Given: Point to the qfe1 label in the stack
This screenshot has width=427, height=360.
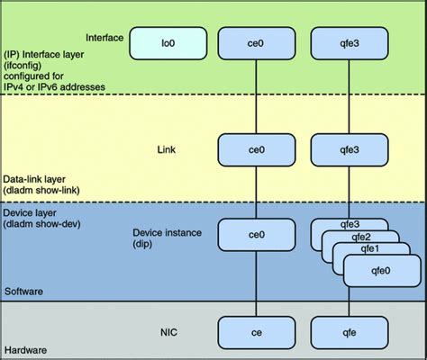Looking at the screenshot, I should [x=368, y=249].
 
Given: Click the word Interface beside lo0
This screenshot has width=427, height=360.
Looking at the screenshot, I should [x=104, y=37].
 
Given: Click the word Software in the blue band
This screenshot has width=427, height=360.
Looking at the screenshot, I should [x=25, y=292].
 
